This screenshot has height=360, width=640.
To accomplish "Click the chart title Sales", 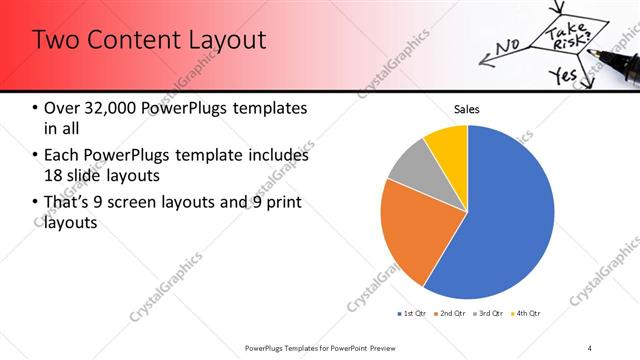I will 467,108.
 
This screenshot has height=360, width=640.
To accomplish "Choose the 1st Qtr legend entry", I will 412,314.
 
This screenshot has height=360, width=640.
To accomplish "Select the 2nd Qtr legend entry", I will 451,314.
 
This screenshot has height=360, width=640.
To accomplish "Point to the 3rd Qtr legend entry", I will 489,314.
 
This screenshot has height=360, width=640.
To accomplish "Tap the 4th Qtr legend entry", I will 527,314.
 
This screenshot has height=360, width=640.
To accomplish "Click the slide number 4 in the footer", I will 590,347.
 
